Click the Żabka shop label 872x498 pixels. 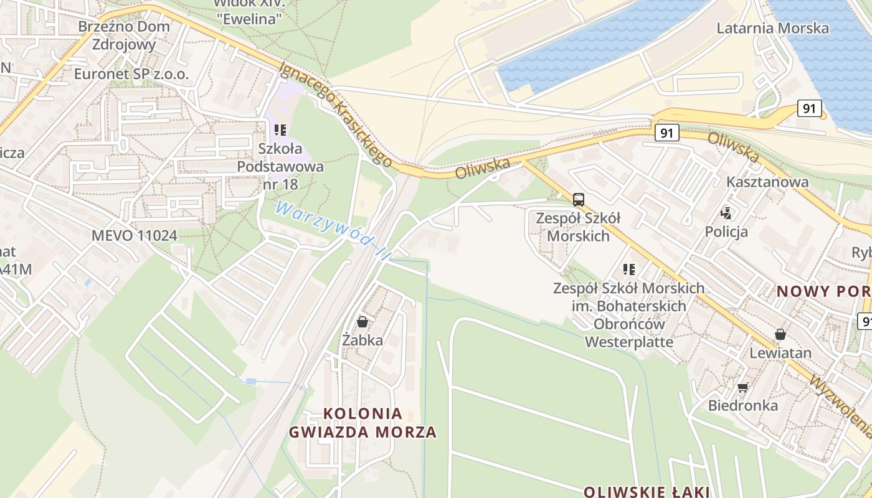point(362,340)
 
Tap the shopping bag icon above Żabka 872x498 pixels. point(362,322)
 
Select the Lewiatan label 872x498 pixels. point(780,353)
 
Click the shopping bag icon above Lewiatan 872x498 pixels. point(780,334)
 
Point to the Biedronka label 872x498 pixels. point(742,405)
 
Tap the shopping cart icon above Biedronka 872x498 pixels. point(742,388)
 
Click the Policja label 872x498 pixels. point(726,232)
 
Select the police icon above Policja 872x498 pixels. point(726,214)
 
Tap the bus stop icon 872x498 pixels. point(578,200)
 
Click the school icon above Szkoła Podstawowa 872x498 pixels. point(280,130)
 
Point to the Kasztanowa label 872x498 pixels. point(767,182)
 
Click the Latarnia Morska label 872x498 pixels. point(772,28)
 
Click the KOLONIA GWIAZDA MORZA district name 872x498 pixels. point(363,423)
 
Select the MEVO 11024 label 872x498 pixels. point(134,235)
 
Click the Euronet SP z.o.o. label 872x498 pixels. point(131,74)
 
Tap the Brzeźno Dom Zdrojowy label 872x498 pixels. point(124,35)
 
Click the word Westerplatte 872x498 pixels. point(629,342)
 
